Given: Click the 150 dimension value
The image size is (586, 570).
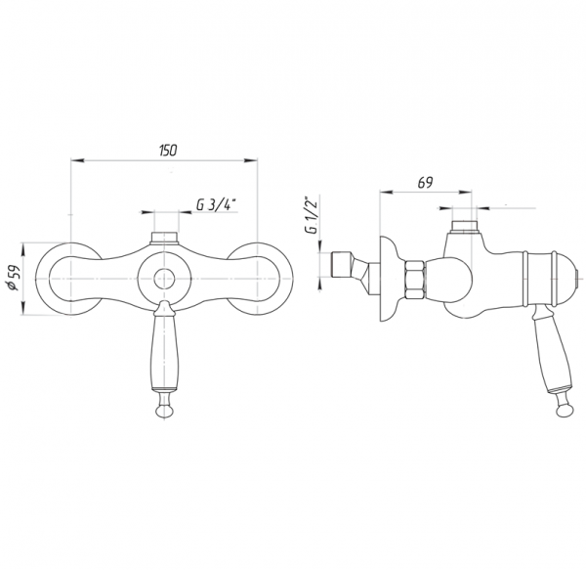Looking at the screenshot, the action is click(x=168, y=151).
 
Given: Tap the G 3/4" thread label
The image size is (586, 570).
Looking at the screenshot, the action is click(x=217, y=205).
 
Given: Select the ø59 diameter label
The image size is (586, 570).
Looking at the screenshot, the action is click(x=15, y=279).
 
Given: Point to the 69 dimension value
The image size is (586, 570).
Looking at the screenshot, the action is click(x=425, y=183).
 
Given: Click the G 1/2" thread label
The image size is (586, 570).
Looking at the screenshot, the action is click(x=312, y=215).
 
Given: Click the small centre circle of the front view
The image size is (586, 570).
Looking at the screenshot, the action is click(x=164, y=280).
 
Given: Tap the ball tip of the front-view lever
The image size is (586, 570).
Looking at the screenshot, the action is click(x=164, y=411).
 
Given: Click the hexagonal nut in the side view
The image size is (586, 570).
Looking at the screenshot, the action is click(x=415, y=280).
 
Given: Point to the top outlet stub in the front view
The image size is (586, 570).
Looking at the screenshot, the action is click(x=164, y=239).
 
